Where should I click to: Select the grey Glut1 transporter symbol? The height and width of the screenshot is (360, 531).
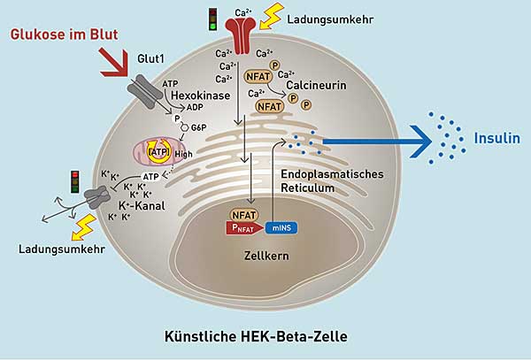[x=143, y=88]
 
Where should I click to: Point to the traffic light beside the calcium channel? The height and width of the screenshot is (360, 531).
[x=212, y=19]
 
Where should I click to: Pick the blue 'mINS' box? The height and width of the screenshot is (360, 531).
[x=288, y=226]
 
